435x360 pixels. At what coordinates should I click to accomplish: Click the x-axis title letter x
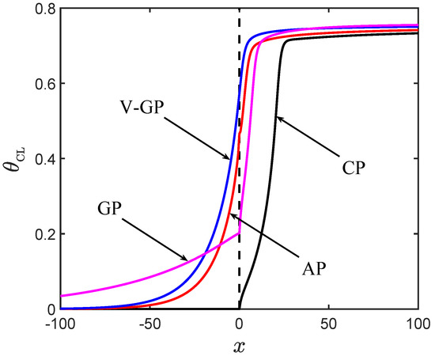pos(239,347)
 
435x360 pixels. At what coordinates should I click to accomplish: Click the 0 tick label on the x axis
pos(239,324)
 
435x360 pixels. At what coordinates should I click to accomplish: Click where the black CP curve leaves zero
pos(240,308)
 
